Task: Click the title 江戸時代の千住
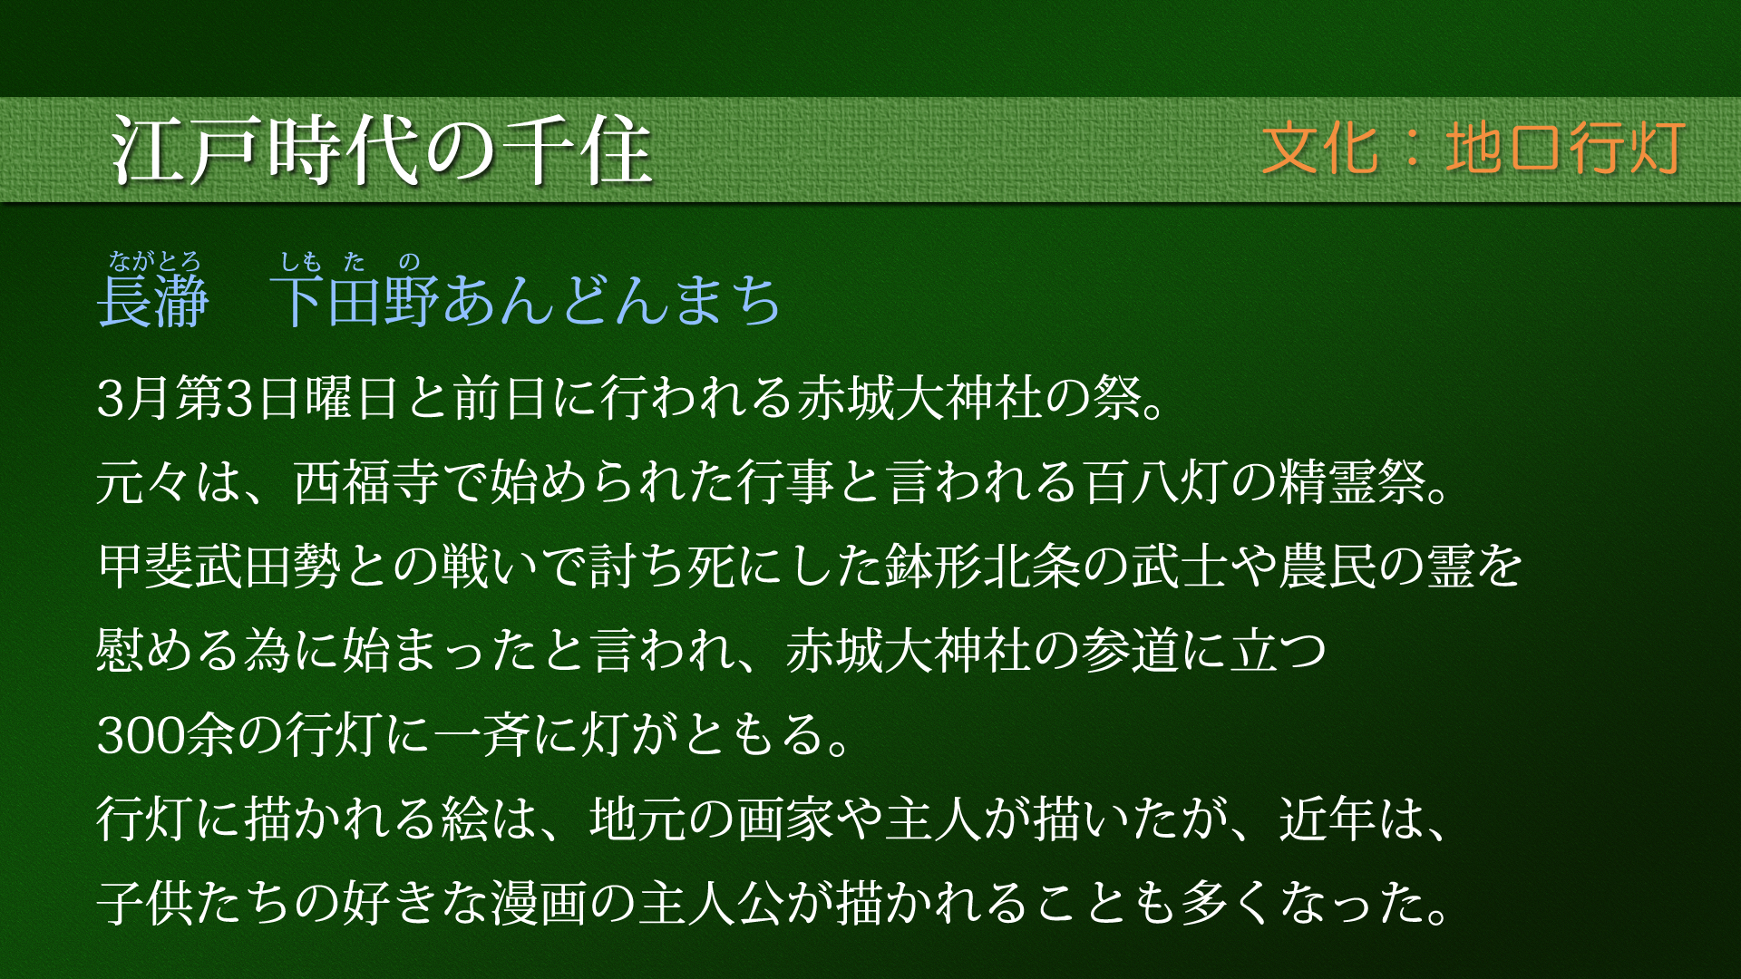point(382,150)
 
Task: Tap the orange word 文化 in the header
point(1319,148)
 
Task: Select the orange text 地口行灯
point(1566,148)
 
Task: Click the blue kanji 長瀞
point(153,301)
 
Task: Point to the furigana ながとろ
point(154,262)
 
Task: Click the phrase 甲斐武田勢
point(219,566)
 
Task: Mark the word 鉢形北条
point(983,566)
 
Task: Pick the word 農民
point(1328,566)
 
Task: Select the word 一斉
point(481,734)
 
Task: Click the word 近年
point(1328,819)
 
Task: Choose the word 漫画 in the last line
point(540,903)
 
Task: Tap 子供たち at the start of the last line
point(195,903)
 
